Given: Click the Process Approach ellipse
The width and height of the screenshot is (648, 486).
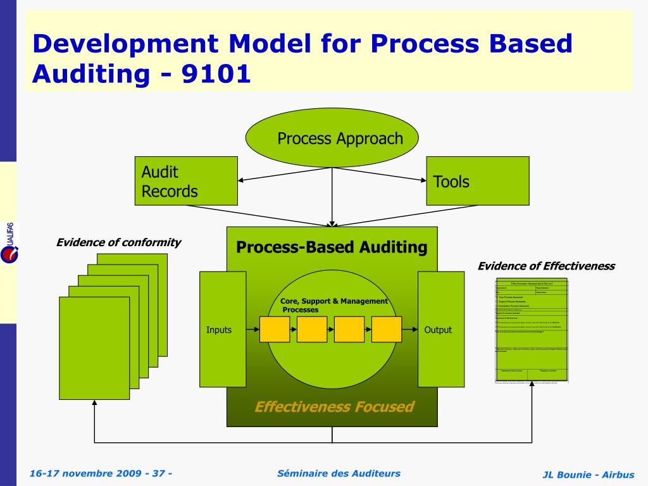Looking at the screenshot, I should tap(332, 139).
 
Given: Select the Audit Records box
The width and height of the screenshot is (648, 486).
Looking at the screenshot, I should tap(185, 181).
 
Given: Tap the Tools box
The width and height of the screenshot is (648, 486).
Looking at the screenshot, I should tap(477, 181).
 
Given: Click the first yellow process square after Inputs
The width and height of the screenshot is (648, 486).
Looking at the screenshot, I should tap(275, 329).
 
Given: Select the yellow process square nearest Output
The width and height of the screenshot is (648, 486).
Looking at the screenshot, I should tap(387, 329).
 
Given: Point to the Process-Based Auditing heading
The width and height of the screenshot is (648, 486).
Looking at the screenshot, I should tap(332, 247).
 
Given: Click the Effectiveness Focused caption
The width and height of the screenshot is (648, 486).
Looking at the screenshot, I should tap(333, 406).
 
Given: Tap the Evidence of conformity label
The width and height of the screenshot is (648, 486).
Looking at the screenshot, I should tap(118, 242).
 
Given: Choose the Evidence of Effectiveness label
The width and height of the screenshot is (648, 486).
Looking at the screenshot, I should tap(545, 266).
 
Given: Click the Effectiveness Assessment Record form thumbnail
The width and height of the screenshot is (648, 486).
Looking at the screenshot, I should tap(531, 329).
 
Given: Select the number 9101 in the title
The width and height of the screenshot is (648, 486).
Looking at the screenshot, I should tap(216, 75).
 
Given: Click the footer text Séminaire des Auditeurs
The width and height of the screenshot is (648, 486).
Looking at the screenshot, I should tap(339, 473).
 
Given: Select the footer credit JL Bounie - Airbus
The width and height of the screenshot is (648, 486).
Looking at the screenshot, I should tap(588, 475).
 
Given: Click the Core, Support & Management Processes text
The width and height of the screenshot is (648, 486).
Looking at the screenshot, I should tap(333, 305).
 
